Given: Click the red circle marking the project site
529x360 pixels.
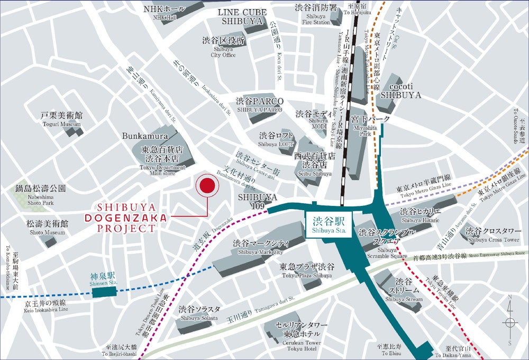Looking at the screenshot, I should (207, 186).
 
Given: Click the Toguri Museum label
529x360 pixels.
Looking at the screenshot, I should (62, 119).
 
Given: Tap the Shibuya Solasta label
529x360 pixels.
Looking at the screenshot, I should (197, 313).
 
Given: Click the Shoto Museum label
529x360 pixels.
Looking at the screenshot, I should (47, 228).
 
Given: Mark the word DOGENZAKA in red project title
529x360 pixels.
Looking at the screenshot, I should (126, 218).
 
